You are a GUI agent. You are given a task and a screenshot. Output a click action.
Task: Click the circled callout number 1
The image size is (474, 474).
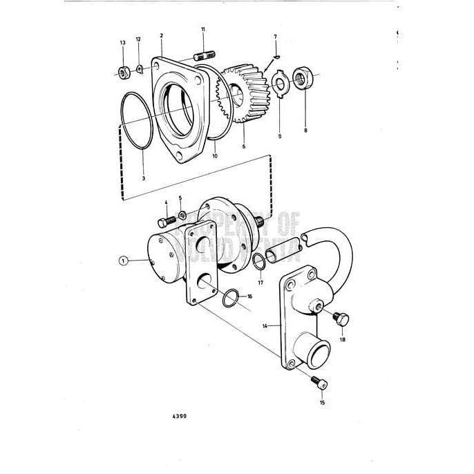click(123, 260)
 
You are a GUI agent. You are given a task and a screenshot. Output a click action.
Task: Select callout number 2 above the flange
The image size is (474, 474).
click(161, 35)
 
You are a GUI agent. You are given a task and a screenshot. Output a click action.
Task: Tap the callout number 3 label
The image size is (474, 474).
click(143, 178)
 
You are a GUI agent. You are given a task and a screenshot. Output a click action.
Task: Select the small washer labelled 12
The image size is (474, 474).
click(140, 68)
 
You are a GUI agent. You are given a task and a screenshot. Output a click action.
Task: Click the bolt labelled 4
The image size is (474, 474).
click(164, 220)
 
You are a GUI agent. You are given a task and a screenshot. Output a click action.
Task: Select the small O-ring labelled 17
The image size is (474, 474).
click(257, 263)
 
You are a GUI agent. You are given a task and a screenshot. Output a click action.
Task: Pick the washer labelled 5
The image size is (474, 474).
click(181, 216)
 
